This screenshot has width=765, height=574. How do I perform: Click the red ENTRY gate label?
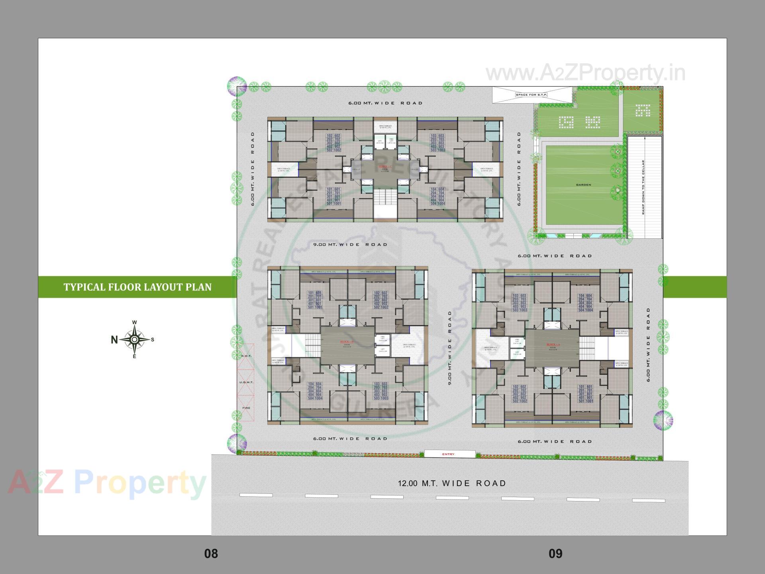(448, 454)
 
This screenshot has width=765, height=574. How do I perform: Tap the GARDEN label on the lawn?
(583, 185)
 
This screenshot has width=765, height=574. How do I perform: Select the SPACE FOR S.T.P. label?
(532, 95)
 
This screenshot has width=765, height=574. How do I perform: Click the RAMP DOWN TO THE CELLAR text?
(643, 187)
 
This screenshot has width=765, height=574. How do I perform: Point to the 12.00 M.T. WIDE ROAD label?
(452, 483)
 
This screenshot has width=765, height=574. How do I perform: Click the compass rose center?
(135, 340)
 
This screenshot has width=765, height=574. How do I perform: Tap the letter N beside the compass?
(114, 340)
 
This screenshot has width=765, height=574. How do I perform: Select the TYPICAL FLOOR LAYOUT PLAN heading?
(137, 287)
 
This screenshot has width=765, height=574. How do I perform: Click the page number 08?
(211, 554)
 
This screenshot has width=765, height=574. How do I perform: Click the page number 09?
(555, 554)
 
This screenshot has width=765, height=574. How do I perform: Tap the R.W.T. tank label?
(246, 356)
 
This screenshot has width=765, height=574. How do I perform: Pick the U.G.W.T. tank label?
(246, 382)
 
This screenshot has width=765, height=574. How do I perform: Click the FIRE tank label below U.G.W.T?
(246, 408)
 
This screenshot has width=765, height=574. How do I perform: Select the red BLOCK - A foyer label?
(553, 344)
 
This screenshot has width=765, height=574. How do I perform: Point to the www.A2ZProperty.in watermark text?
(585, 73)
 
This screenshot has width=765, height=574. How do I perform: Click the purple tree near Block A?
(663, 420)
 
